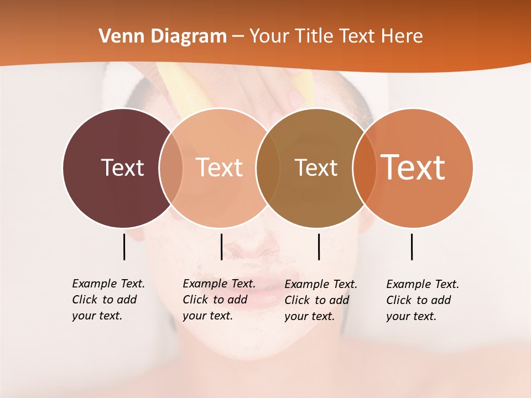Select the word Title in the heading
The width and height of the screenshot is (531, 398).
pos(315,36)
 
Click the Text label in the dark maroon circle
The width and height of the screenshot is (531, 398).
pos(122,167)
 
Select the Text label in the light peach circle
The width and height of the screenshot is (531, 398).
pos(220,167)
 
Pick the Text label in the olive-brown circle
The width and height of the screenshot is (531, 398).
pos(316,167)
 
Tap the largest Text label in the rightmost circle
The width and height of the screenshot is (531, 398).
pos(413,167)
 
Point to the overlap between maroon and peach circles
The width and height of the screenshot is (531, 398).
pos(171,167)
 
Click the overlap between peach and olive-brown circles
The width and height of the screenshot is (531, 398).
pos(268,167)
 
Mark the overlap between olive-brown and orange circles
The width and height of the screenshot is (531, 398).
pos(363,167)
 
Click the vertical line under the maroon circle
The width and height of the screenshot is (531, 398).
pos(124,247)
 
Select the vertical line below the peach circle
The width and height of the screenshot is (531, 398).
pos(221,247)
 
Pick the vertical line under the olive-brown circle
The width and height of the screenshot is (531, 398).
pos(319,247)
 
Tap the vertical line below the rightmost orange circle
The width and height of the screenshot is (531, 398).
pos(412,247)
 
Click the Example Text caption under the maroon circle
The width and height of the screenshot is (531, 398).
pos(108,300)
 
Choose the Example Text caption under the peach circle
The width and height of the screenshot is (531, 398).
pos(219,300)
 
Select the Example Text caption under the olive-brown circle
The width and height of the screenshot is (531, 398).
pos(321,300)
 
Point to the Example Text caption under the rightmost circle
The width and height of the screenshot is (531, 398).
pos(423,300)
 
